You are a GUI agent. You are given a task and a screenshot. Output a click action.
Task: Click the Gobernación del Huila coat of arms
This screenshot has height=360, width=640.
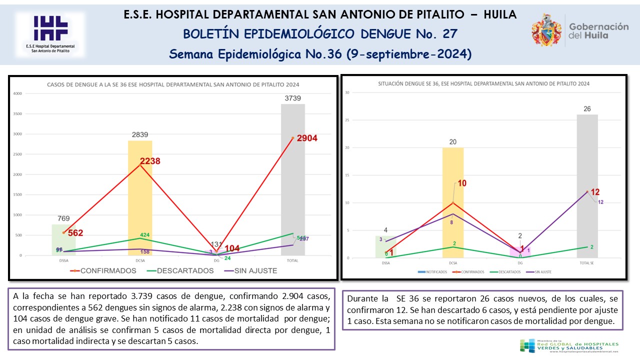point(546,30)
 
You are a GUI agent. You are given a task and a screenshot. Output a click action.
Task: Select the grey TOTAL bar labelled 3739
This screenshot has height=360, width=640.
point(293,180)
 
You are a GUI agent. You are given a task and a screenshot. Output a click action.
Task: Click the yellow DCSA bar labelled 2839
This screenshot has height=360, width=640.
point(140,200)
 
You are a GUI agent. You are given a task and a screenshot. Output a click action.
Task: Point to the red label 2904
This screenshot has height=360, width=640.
point(307,138)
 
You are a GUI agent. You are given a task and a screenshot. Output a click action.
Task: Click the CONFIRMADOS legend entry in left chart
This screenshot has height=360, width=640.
point(105,270)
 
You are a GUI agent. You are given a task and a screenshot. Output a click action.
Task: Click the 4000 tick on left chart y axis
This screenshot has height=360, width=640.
point(17,93)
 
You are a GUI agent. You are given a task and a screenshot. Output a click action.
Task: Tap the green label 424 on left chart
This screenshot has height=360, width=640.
point(144,235)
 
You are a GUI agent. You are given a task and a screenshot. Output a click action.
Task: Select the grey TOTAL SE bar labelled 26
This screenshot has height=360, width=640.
point(587,185)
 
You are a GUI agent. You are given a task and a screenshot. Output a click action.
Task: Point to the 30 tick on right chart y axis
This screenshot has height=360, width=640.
point(347,92)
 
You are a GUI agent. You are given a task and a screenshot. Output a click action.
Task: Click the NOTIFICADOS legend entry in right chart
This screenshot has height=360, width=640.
point(432,272)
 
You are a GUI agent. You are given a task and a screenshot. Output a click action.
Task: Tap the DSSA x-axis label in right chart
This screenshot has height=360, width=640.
point(385,262)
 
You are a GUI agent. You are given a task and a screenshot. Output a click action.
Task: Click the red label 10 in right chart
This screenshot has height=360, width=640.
point(461,183)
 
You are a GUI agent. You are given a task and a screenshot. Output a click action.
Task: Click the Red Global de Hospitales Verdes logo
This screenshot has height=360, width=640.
point(570,346)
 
